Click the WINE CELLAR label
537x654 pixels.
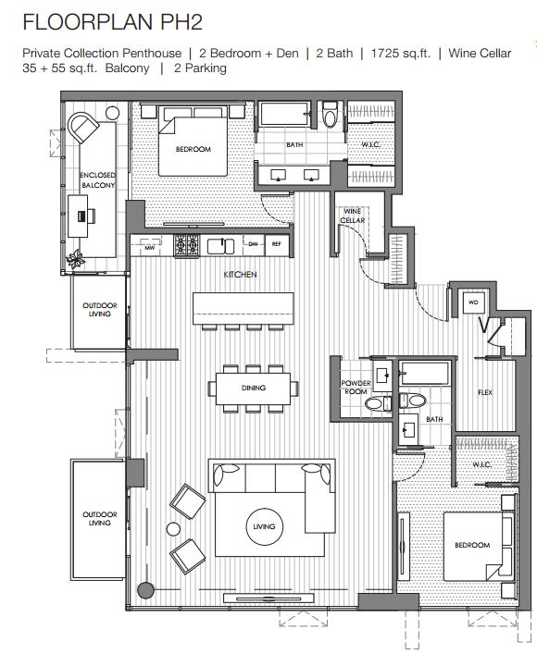tap(353, 216)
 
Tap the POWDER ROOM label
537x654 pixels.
tap(356, 387)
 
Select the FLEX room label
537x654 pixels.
tap(485, 392)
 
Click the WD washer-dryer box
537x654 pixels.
tap(473, 302)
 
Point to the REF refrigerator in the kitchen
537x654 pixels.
tap(277, 245)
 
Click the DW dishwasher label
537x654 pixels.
tap(254, 244)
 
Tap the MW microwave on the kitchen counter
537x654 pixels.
tap(150, 245)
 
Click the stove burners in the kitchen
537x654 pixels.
tap(187, 245)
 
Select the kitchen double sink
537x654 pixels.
tap(220, 246)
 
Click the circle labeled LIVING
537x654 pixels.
tap(264, 526)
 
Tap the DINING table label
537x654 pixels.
tap(254, 388)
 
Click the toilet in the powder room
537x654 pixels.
tap(375, 403)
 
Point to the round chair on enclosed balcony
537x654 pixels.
tap(82, 127)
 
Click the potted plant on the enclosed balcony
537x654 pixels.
tap(76, 259)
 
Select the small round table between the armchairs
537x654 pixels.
tap(173, 529)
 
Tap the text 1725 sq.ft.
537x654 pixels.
tap(400, 54)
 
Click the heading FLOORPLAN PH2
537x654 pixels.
tap(112, 22)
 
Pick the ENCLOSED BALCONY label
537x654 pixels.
tap(98, 179)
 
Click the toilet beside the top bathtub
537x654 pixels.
tap(330, 116)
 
